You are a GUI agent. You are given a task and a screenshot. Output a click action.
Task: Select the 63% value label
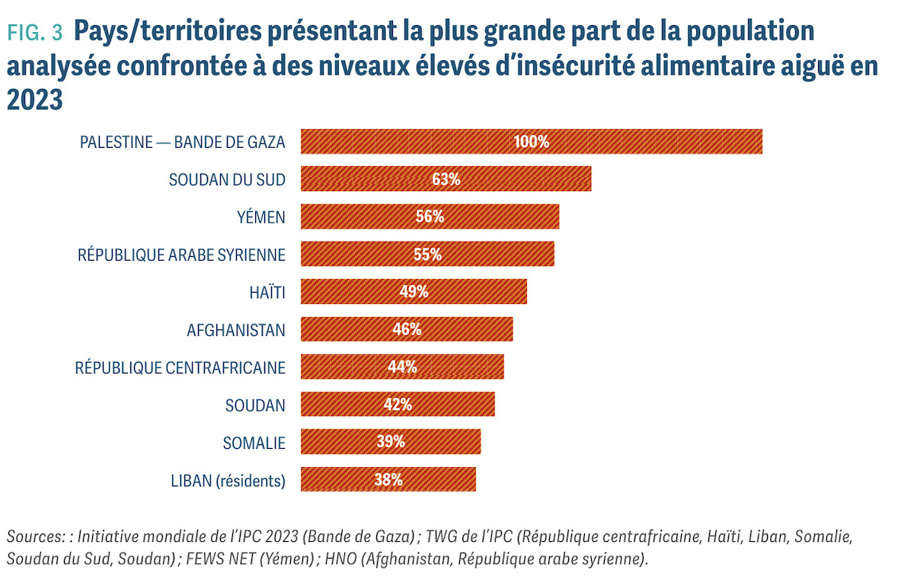[x=446, y=180]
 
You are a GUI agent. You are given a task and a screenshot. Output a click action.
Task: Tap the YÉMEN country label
[x=261, y=217]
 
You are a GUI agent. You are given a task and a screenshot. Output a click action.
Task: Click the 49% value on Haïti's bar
[x=414, y=292]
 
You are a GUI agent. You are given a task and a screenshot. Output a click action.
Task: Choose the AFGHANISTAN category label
[x=236, y=330]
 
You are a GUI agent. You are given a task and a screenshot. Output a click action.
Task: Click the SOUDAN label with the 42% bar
[x=255, y=405]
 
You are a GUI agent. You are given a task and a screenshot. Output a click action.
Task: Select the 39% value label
[x=391, y=442]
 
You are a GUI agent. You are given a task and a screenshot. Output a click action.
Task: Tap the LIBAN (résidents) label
[x=228, y=480]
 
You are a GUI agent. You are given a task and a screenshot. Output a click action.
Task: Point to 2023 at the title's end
[x=34, y=100]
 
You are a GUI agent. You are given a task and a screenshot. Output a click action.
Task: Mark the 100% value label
[x=532, y=142]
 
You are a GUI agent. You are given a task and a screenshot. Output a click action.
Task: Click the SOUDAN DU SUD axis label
[x=227, y=180]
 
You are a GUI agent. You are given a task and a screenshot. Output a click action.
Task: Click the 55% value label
[x=427, y=255]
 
